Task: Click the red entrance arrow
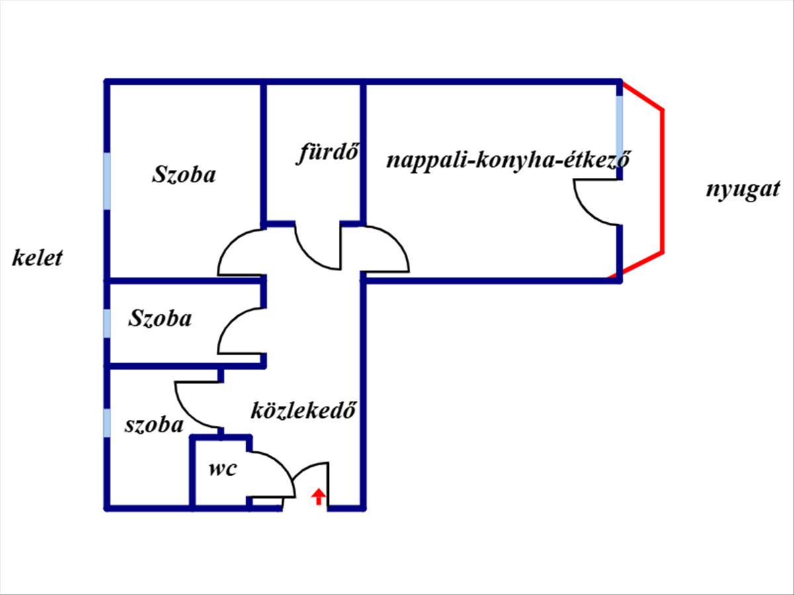[x=318, y=496]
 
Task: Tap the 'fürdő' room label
[x=327, y=153]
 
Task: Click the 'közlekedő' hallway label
[x=304, y=411]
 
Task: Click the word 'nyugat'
[x=741, y=190]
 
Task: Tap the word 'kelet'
[x=37, y=257]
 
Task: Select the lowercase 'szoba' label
[x=154, y=424]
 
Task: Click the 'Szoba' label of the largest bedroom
[x=184, y=175]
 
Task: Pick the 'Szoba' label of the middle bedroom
[x=160, y=319]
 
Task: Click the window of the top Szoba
[x=107, y=181]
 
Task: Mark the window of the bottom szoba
[x=107, y=423]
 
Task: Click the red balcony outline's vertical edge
[x=662, y=181]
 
